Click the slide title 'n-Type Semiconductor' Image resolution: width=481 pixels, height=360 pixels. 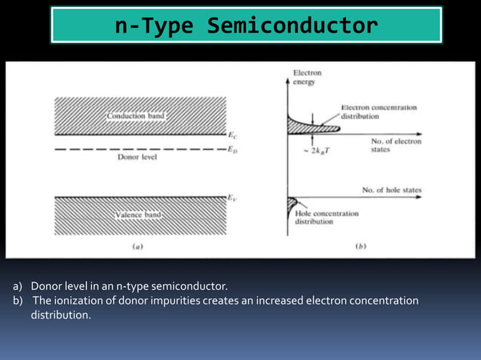coord(246,26)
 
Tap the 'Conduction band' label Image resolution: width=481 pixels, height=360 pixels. coord(136,117)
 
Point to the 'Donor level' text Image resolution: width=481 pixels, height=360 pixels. coord(138,158)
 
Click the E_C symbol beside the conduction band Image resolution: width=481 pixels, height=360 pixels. coord(234,136)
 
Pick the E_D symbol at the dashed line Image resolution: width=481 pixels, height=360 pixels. coord(234,149)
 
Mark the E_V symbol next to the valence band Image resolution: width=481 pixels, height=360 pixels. coord(234,198)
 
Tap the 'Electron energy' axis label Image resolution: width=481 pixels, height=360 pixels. coord(308,77)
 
